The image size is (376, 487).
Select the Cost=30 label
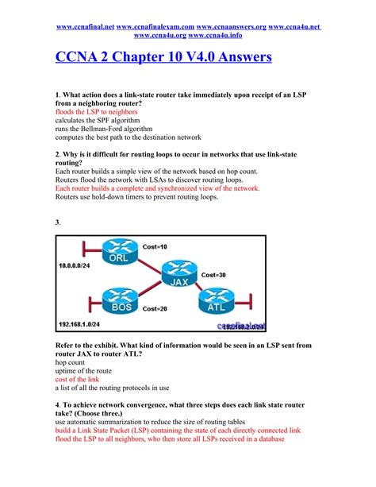(x=216, y=274)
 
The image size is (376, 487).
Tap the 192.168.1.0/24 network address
(x=82, y=324)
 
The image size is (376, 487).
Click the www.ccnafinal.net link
(x=84, y=27)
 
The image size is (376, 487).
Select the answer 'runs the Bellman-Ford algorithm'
(x=106, y=129)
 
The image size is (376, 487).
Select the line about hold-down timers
(x=149, y=197)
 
